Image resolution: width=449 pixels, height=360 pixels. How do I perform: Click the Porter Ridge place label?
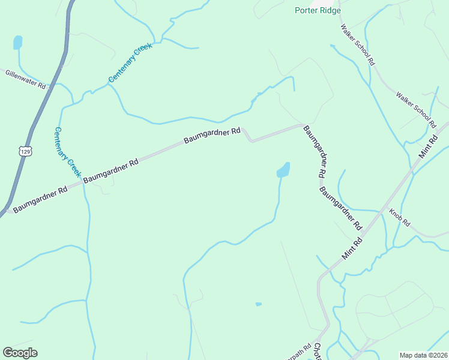[318, 10]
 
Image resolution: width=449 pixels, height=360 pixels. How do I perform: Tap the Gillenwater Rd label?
[25, 79]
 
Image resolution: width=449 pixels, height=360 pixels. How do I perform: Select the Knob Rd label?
[399, 217]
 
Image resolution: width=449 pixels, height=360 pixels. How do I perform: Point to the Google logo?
[20, 353]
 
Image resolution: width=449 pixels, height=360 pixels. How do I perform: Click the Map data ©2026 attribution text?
[423, 355]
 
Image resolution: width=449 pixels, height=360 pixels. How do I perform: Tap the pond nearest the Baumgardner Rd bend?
[283, 170]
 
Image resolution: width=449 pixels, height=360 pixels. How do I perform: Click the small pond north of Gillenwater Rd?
[17, 43]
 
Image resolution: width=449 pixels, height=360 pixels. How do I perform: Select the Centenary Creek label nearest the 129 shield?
[67, 152]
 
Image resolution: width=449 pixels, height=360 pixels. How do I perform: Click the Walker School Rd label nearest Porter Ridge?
[357, 44]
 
